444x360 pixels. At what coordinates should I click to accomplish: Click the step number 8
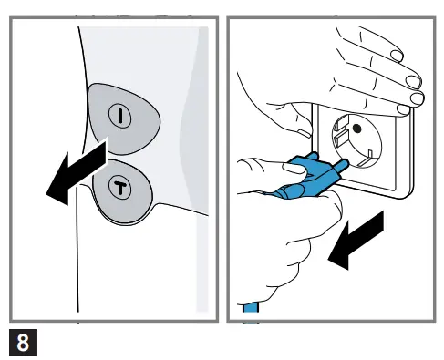(x=23, y=343)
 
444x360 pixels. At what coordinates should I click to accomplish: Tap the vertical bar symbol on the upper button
(x=120, y=116)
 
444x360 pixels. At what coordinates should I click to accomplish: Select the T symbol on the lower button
(x=120, y=186)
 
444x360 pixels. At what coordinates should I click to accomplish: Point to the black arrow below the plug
(x=356, y=240)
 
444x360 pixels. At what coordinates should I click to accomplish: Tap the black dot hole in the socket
(x=356, y=129)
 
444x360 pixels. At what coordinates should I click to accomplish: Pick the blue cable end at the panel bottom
(x=251, y=307)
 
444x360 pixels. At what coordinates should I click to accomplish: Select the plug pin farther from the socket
(x=313, y=158)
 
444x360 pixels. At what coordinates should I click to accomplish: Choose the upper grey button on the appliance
(x=124, y=118)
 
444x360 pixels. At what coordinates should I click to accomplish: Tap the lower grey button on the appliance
(x=122, y=192)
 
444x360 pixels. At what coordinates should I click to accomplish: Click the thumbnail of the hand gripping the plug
(x=294, y=168)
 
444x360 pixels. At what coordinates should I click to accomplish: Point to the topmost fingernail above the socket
(x=397, y=56)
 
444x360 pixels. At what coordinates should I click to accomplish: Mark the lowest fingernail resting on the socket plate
(x=403, y=109)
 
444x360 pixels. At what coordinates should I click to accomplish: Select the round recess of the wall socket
(x=356, y=140)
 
